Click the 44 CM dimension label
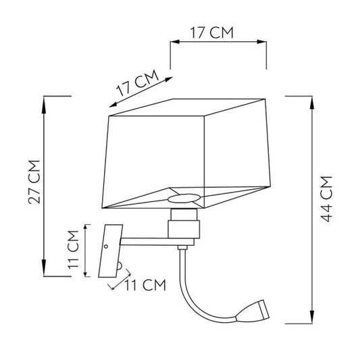[x=327, y=200]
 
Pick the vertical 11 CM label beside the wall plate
[x=76, y=251]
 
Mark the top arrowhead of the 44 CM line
[x=311, y=99]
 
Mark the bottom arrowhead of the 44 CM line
[x=311, y=319]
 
